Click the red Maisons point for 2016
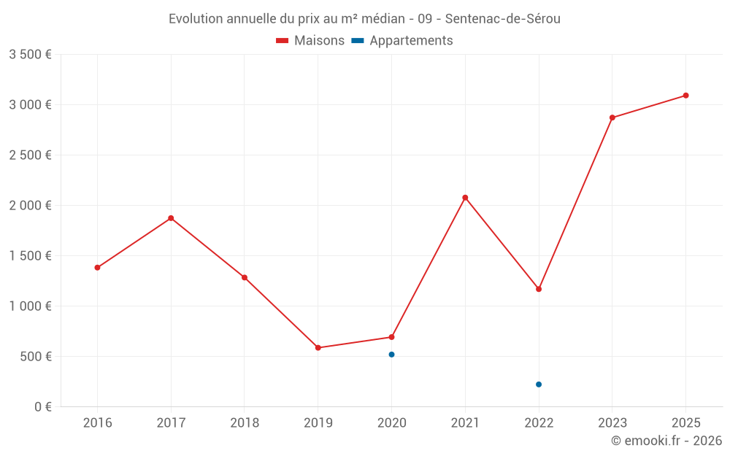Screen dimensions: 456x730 click(97, 268)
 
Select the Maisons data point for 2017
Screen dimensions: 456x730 click(171, 218)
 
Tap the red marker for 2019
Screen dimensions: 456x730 click(318, 348)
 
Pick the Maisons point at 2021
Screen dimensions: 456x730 click(465, 198)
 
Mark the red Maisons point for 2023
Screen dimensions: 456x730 click(612, 117)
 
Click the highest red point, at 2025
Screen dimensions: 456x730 click(686, 96)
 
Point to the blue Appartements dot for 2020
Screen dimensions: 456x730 click(391, 355)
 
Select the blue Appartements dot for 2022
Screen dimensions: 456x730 click(539, 384)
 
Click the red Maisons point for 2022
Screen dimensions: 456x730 click(539, 289)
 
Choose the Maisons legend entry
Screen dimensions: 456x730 click(310, 41)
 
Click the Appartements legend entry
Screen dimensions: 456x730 click(402, 41)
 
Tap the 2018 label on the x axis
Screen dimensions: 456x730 click(245, 422)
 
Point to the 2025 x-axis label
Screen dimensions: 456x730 click(686, 422)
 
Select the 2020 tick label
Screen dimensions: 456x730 click(391, 422)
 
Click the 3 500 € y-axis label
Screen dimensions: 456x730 click(30, 55)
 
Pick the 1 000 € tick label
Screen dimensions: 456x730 click(30, 306)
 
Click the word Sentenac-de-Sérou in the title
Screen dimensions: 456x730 click(502, 19)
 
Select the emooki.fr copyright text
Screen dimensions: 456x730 click(666, 441)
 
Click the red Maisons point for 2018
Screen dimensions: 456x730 click(245, 278)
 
